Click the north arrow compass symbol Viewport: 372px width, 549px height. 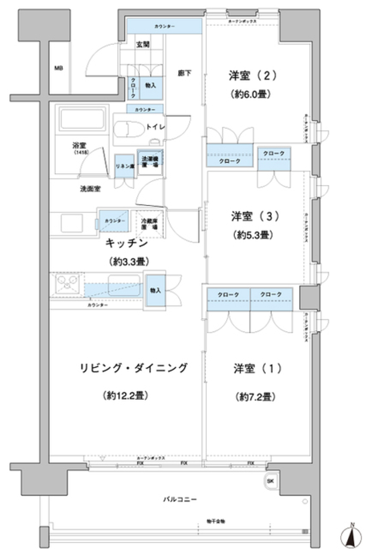pos(352,537)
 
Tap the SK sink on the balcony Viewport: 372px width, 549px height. pos(270,481)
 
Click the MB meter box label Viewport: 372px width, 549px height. pos(59,68)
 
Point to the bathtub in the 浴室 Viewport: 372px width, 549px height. pos(82,118)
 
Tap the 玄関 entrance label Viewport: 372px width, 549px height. pos(143,45)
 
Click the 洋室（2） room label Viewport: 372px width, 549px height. pos(253,76)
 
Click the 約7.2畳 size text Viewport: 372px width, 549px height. pos(255,397)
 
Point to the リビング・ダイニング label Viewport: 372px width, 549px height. pos(134,368)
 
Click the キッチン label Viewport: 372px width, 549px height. pos(127,243)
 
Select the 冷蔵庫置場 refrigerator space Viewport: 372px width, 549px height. pos(149,224)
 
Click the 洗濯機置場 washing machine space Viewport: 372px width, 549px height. pos(150,162)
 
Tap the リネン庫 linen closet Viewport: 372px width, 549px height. pos(125,166)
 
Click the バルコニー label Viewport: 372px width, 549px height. pos(179,499)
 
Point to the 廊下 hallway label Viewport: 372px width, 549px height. pos(184,73)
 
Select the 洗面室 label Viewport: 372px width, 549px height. pos(90,189)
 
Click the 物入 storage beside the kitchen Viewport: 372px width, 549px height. pos(155,290)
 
